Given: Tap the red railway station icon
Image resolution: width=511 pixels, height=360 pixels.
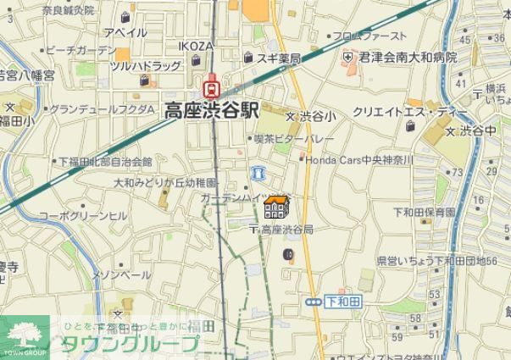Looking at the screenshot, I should pos(209,86).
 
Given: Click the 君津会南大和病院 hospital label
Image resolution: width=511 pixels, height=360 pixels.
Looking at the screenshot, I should pos(407,58).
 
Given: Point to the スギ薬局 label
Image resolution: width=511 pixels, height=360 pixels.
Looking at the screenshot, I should pos(278,59).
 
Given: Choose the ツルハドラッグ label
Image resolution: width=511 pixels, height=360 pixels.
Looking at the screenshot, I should pos(146,65).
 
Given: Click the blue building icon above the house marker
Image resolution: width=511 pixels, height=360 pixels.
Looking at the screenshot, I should pos(259,173).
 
